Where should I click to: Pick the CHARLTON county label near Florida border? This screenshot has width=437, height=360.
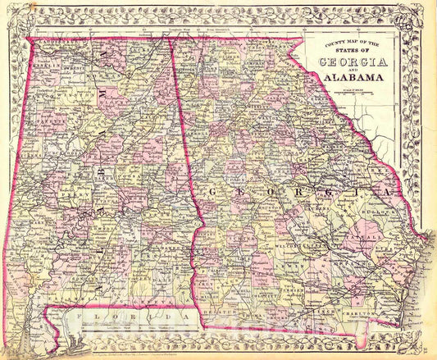tap(362, 313)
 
